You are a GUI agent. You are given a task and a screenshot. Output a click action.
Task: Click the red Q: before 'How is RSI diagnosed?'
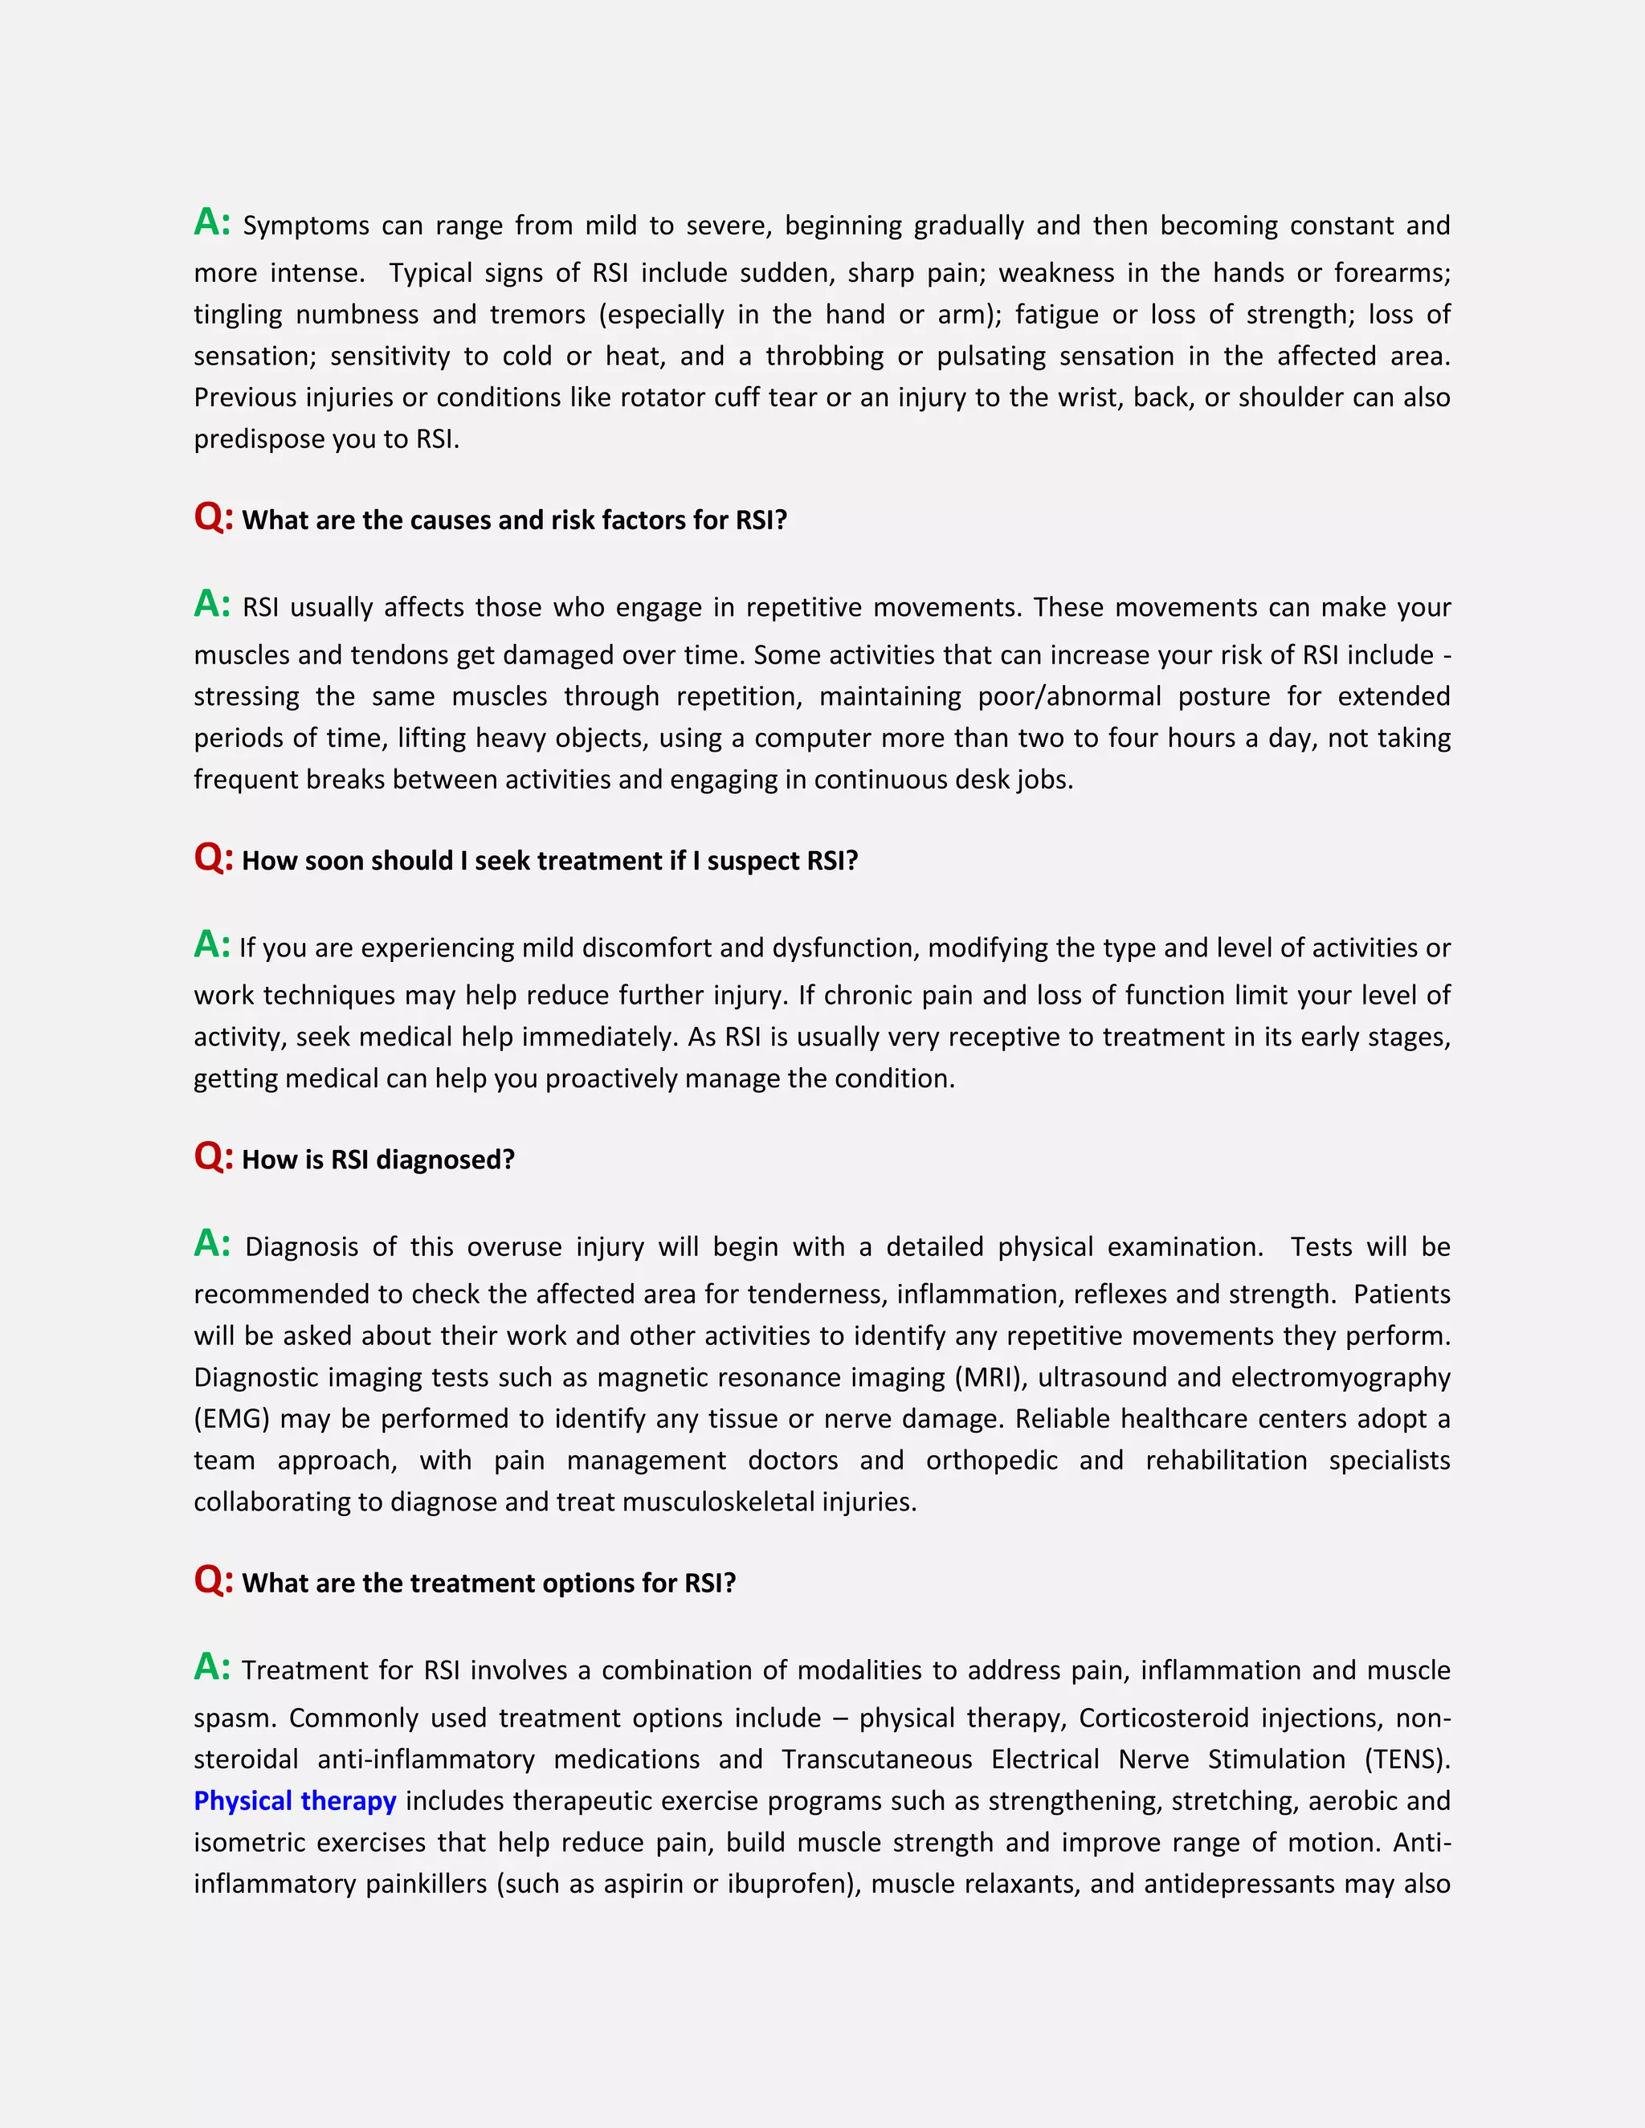[212, 1156]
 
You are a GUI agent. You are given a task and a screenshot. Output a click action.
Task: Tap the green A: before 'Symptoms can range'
[211, 222]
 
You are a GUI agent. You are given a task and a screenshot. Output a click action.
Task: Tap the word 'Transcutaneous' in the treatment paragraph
[876, 1759]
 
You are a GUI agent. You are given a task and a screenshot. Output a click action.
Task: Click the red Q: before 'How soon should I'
[212, 858]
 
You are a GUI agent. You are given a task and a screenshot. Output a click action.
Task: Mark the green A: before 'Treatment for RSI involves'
[211, 1667]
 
